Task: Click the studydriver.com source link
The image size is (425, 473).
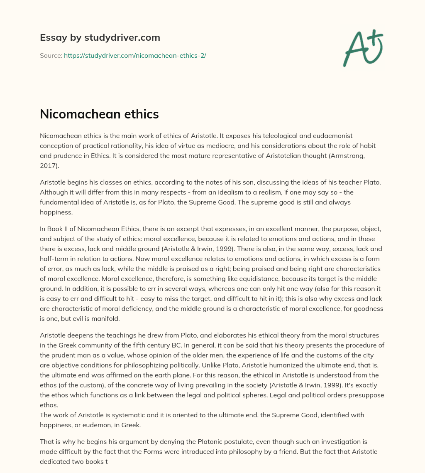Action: pyautogui.click(x=135, y=55)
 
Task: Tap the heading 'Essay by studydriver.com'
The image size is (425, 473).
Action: pyautogui.click(x=100, y=37)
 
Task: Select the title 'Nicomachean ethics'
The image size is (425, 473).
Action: pyautogui.click(x=99, y=114)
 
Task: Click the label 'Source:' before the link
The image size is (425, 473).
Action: pyautogui.click(x=51, y=55)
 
